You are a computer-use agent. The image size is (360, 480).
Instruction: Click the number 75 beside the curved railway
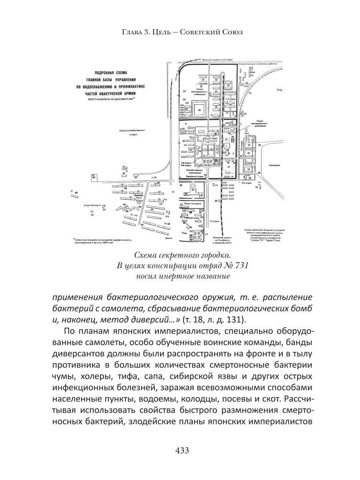(x=250, y=93)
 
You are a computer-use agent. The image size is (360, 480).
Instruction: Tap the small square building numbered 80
(x=94, y=176)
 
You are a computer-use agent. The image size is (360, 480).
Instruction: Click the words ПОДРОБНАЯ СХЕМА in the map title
(x=110, y=73)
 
